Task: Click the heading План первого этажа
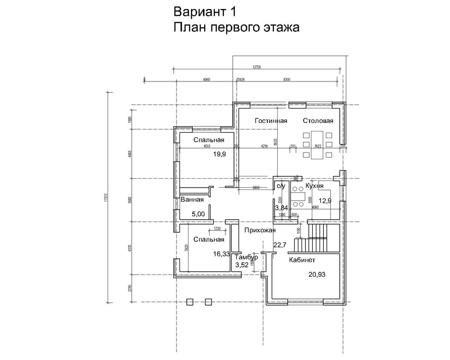[236, 28]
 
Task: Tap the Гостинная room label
[270, 121]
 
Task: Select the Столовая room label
[318, 121]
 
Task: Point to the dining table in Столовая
[318, 144]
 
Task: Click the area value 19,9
[220, 154]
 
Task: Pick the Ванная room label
[192, 200]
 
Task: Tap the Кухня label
[314, 185]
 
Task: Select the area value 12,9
[325, 201]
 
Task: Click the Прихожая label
[260, 230]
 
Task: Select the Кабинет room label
[302, 260]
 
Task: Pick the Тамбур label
[246, 257]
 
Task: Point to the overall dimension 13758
[257, 67]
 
